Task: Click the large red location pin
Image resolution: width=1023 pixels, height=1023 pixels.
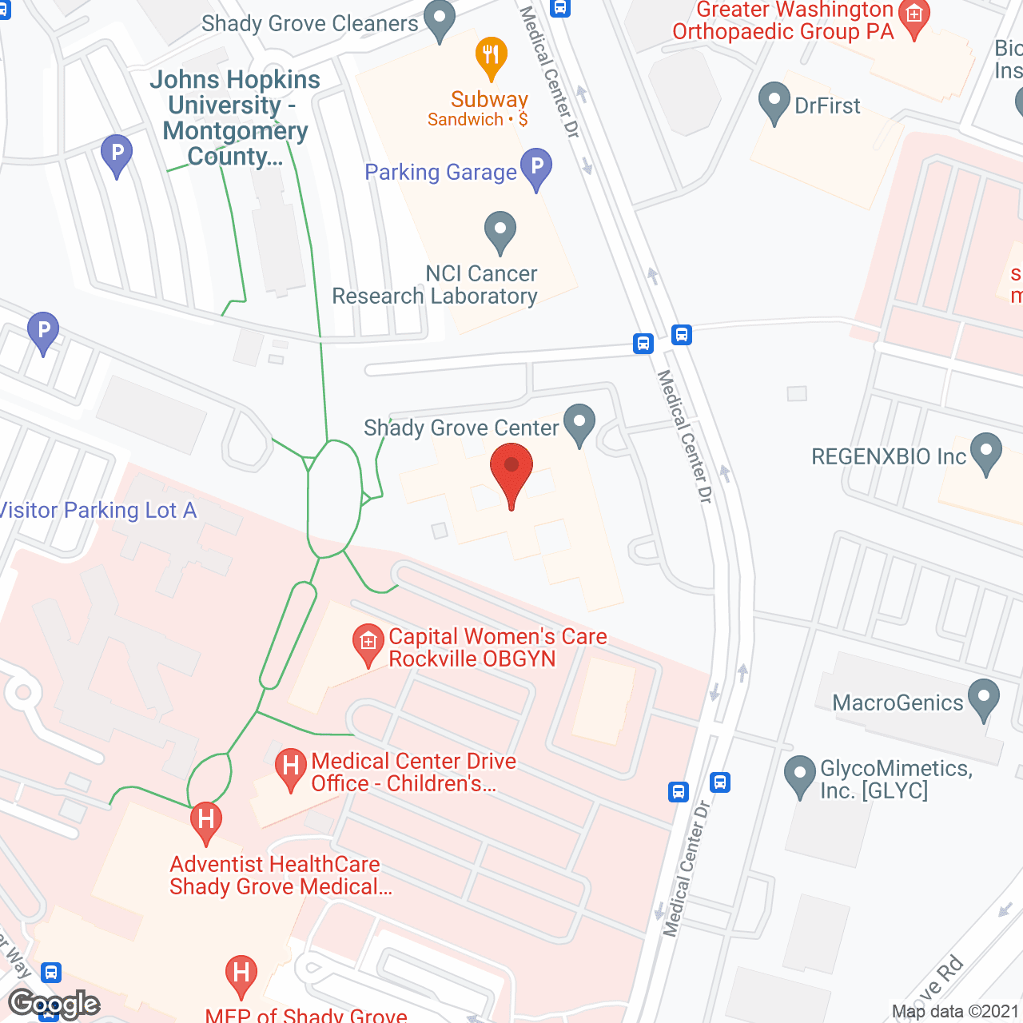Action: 511,472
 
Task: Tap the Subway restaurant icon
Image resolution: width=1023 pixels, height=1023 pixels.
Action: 491,57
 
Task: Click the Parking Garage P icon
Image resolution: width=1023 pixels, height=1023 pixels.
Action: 536,168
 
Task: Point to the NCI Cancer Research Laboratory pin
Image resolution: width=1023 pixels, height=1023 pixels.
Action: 500,231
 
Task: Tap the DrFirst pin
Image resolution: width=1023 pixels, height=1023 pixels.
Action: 774,102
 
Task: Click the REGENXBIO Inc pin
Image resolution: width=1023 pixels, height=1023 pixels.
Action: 985,452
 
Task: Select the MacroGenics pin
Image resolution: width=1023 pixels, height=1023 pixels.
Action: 983,699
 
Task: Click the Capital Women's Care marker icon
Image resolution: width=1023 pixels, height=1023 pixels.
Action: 368,643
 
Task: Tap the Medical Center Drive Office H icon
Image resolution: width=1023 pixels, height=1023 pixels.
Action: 291,768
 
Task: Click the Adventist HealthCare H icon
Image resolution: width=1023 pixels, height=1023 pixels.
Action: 206,822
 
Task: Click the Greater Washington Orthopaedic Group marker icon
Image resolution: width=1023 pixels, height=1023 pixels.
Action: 914,16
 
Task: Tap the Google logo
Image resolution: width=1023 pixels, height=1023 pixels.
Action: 54,1004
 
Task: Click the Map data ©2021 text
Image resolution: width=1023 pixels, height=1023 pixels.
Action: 955,1011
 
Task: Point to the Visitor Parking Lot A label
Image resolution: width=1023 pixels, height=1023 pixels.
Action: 98,510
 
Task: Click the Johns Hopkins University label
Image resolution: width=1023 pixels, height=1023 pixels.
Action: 235,117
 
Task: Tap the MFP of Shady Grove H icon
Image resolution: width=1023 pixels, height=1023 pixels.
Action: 241,976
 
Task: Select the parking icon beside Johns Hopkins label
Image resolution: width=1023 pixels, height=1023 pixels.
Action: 117,154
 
